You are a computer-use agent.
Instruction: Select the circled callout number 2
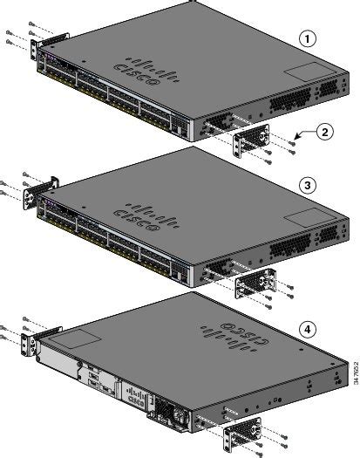(x=323, y=133)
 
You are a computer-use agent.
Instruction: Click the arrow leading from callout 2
(x=300, y=136)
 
